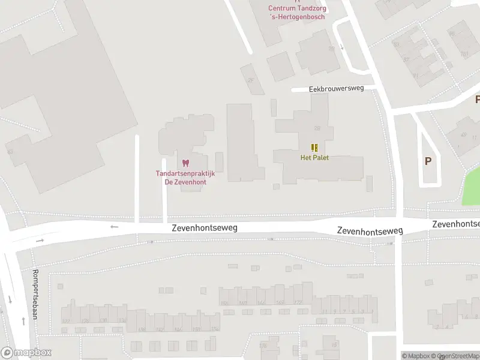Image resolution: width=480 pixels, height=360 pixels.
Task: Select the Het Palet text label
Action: (314, 158)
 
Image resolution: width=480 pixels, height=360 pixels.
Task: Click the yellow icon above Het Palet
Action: (314, 148)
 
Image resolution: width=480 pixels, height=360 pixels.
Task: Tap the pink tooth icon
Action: (185, 163)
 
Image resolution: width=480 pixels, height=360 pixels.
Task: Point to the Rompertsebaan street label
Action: (35, 292)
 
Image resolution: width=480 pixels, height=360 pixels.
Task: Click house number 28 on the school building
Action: (317, 128)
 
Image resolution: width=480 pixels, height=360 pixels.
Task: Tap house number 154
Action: (214, 329)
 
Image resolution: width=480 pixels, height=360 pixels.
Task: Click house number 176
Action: (262, 346)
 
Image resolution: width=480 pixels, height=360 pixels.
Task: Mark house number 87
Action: (406, 59)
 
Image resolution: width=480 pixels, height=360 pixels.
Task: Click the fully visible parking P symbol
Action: (428, 161)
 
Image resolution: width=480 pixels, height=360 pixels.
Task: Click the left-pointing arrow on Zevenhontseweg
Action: (115, 227)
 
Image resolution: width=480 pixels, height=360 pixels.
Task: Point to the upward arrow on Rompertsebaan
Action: (23, 321)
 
